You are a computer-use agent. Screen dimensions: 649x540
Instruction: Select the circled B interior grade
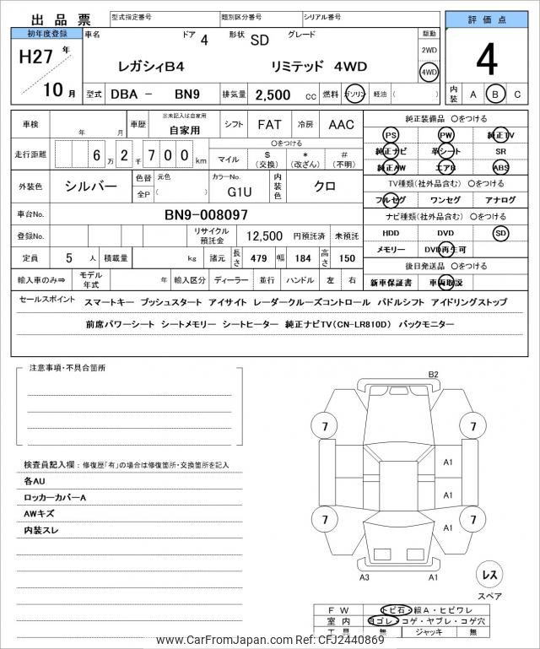coord(497,95)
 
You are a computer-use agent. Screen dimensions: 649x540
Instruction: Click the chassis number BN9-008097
coord(206,215)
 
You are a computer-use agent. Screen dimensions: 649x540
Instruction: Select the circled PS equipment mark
coord(390,135)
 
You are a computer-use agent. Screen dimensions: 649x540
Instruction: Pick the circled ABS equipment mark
coord(501,167)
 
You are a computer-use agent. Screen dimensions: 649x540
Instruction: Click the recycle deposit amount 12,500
coord(264,237)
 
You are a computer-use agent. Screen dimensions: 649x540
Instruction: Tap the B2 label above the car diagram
coord(434,374)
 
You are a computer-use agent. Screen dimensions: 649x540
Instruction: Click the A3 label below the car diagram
coord(364,577)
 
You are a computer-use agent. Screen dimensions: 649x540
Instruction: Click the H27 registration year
coord(35,60)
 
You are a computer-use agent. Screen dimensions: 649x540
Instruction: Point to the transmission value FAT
coord(269,125)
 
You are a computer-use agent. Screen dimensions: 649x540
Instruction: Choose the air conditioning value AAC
coord(341,125)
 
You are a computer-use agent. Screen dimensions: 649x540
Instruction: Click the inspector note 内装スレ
coord(43,532)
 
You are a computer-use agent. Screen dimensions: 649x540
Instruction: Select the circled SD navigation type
coord(501,233)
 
